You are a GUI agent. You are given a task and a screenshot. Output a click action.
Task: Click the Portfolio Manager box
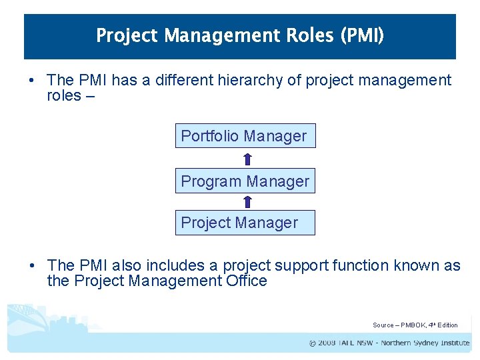coord(245,136)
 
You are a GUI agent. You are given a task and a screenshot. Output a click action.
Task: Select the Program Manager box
coord(245,181)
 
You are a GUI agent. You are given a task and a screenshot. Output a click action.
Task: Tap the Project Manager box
coord(245,223)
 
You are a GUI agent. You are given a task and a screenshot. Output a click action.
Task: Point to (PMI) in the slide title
coord(362,35)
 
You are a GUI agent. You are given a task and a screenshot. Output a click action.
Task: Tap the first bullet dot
coord(31,81)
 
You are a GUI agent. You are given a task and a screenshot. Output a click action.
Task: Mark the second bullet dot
coord(31,266)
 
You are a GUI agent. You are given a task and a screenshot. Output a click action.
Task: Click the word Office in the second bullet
coord(247,281)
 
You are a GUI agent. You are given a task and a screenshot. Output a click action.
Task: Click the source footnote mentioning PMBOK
coord(415,325)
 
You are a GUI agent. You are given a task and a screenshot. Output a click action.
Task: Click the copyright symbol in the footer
coord(313,343)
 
